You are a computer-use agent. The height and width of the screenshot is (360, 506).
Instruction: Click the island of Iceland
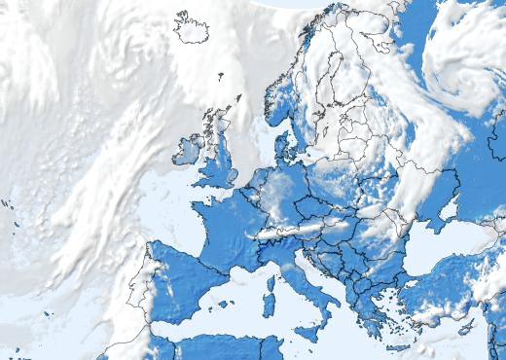point(191,27)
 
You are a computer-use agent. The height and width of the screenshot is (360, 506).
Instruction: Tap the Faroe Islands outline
point(220,76)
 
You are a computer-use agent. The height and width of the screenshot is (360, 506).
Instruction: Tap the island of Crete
point(398,346)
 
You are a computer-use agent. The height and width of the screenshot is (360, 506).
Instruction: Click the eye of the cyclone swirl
point(466,73)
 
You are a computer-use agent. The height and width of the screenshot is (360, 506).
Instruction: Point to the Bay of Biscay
point(180,234)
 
